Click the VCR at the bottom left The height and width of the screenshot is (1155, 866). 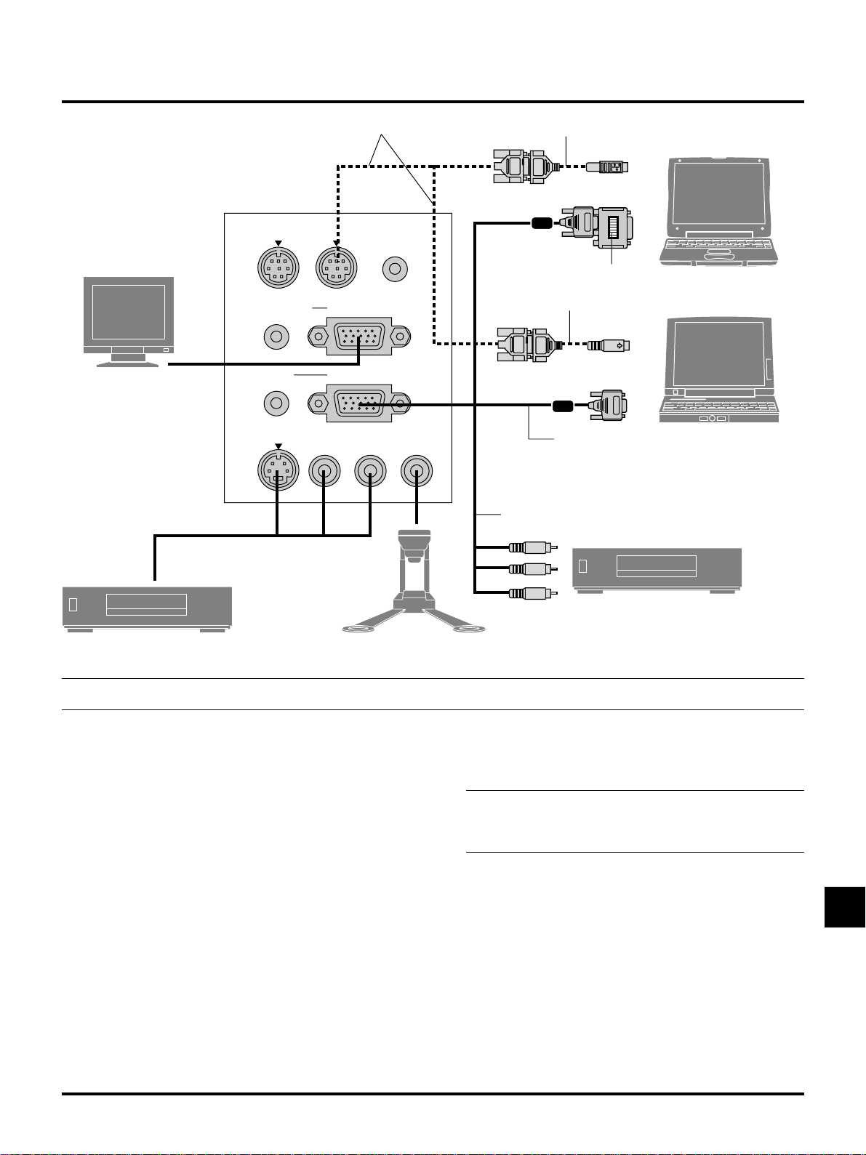point(147,608)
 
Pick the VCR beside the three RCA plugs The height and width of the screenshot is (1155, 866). point(657,569)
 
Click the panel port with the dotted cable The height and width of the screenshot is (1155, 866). point(336,269)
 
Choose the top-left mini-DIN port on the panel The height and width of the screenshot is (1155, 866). point(279,269)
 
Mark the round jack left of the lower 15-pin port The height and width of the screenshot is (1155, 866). point(276,403)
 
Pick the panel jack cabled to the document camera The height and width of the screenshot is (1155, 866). point(417,472)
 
